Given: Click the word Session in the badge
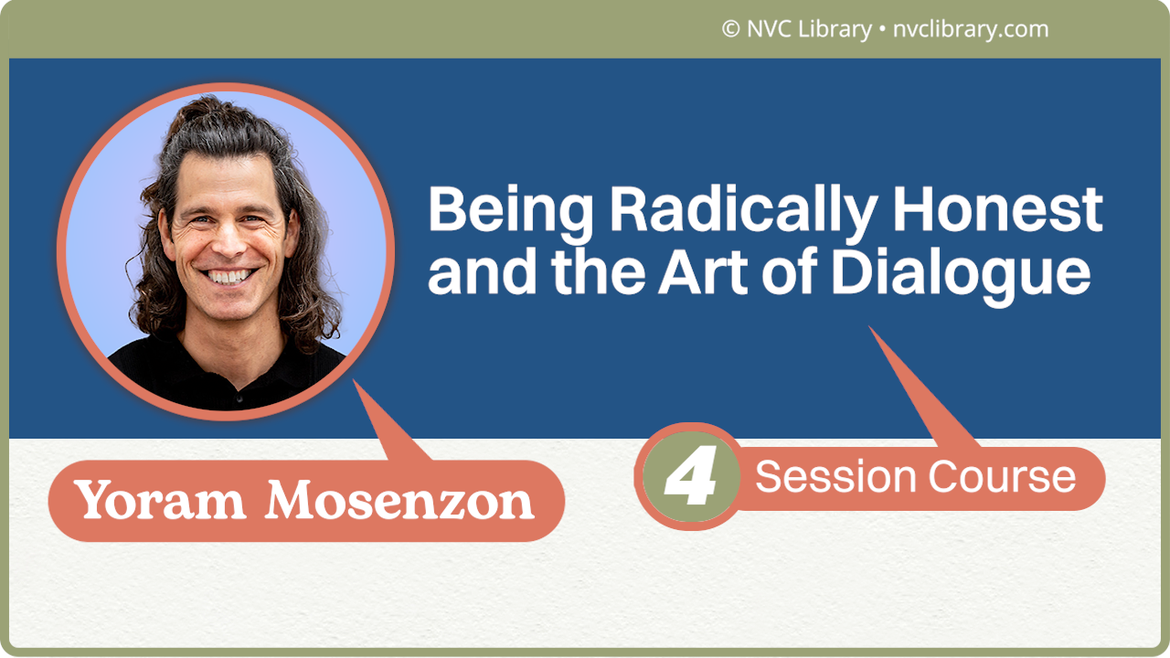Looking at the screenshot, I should [835, 477].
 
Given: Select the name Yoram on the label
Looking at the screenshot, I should [161, 501].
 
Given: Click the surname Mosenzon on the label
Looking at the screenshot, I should [400, 501].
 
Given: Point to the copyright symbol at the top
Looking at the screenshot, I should [730, 29].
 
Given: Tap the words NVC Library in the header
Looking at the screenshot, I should [809, 29].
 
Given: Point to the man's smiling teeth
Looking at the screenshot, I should [228, 275].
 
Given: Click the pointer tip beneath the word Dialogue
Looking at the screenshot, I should [871, 329].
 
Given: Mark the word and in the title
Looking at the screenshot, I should [484, 273].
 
